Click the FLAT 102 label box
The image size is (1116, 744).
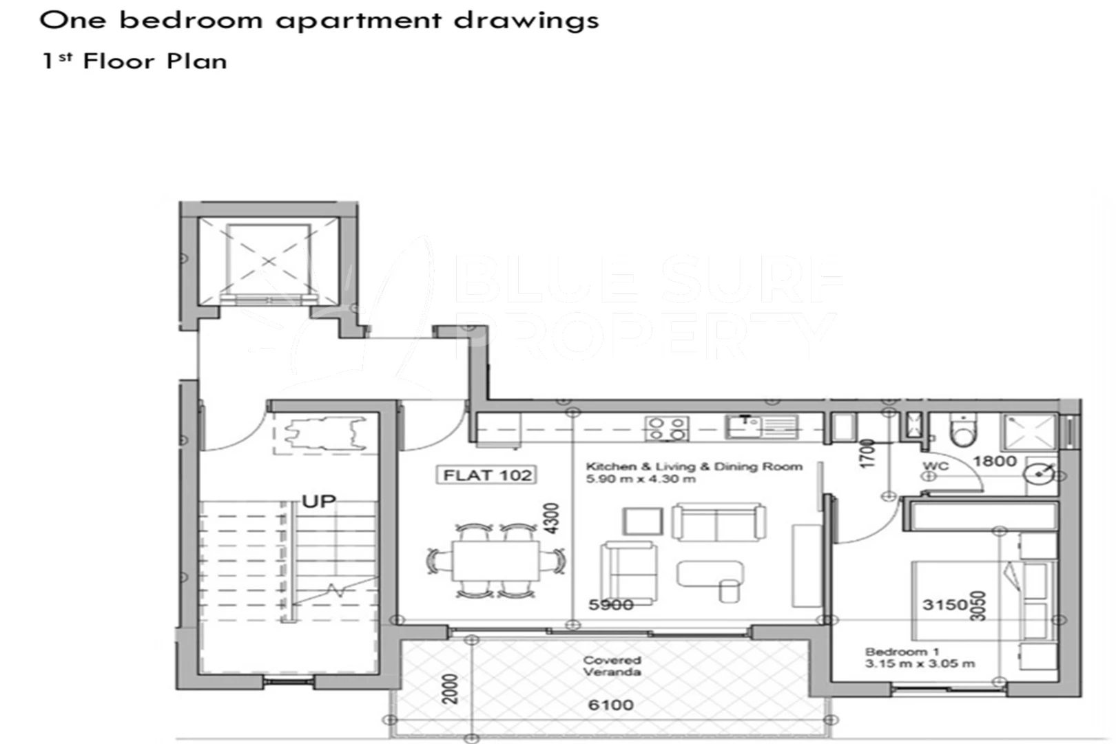pos(487,475)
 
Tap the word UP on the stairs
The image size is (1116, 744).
pos(318,502)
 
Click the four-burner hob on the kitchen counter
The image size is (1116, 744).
pos(667,428)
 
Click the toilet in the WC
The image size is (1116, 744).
pos(962,431)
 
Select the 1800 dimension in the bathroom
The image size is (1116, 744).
pos(994,461)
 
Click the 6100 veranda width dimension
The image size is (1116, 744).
pos(610,705)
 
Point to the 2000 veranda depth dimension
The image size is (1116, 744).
pos(450,688)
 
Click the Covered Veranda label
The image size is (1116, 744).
pos(612,665)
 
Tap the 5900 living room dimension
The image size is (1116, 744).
pos(610,605)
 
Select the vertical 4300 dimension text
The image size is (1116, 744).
pos(551,519)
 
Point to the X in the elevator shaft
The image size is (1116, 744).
pos(269,261)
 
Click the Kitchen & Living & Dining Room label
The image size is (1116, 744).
pos(694,472)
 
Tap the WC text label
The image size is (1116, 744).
pos(936,466)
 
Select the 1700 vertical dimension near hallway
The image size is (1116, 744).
pos(867,453)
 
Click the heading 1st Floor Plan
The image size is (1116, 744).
pos(134,61)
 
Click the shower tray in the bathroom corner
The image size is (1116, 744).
pos(1029,431)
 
